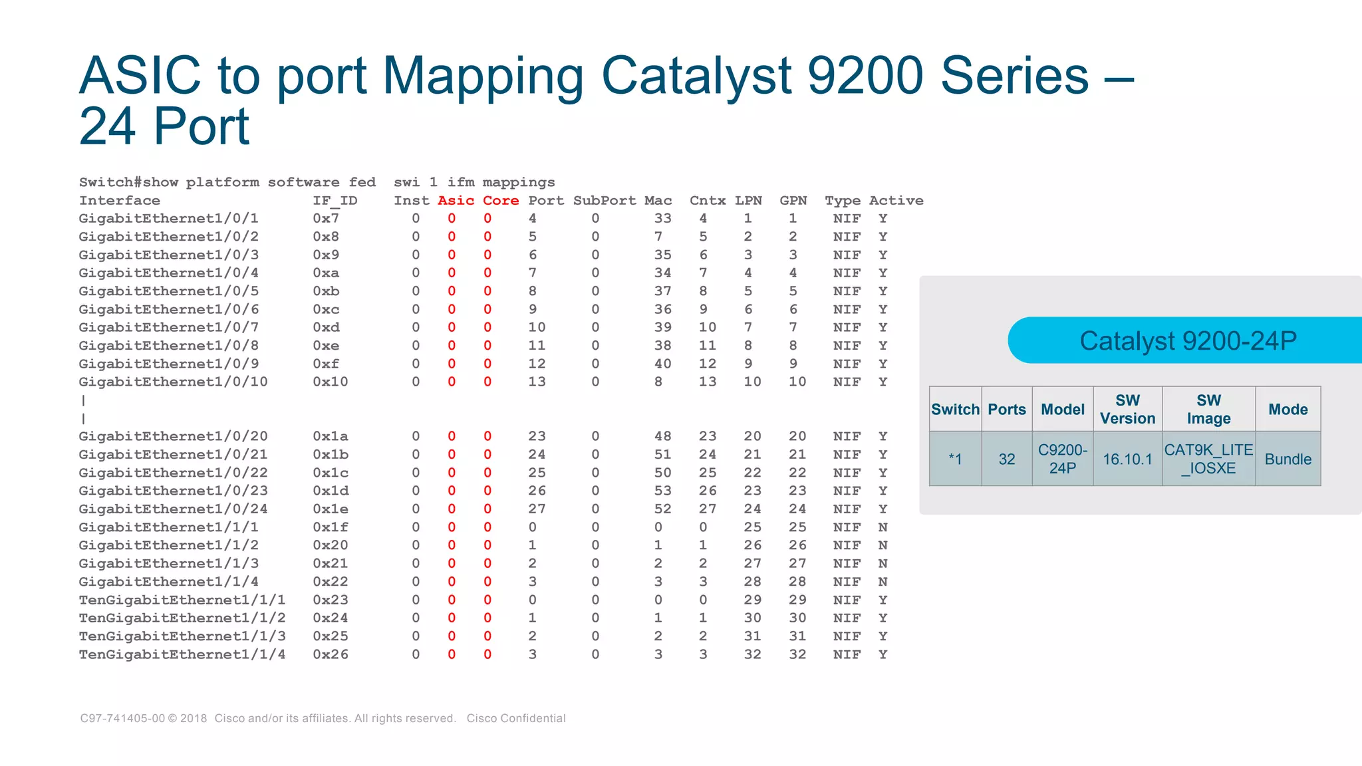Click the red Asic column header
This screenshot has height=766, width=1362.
(456, 201)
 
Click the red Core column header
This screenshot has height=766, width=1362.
(500, 201)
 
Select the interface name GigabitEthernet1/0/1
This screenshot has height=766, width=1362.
(168, 219)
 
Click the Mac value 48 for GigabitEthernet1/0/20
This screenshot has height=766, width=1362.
(662, 437)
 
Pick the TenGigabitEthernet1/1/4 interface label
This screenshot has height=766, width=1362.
(182, 655)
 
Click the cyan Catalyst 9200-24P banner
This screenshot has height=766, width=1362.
(1187, 340)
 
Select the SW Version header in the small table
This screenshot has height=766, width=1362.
(1127, 410)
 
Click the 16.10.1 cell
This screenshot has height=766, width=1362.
(1127, 459)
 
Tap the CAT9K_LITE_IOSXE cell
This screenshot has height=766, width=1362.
(1208, 459)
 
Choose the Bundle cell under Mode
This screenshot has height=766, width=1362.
(1288, 459)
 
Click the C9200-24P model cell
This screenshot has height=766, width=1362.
(1062, 459)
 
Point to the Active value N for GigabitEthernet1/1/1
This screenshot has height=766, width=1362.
(883, 527)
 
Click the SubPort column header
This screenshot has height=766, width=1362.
(604, 201)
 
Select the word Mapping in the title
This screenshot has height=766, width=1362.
(483, 76)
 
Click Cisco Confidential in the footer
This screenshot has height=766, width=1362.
(515, 719)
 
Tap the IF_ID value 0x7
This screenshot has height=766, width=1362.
(326, 219)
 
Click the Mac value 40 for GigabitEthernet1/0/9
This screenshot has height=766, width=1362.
(662, 364)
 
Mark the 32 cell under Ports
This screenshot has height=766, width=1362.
(1006, 459)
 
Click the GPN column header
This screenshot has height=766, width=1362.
(793, 201)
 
